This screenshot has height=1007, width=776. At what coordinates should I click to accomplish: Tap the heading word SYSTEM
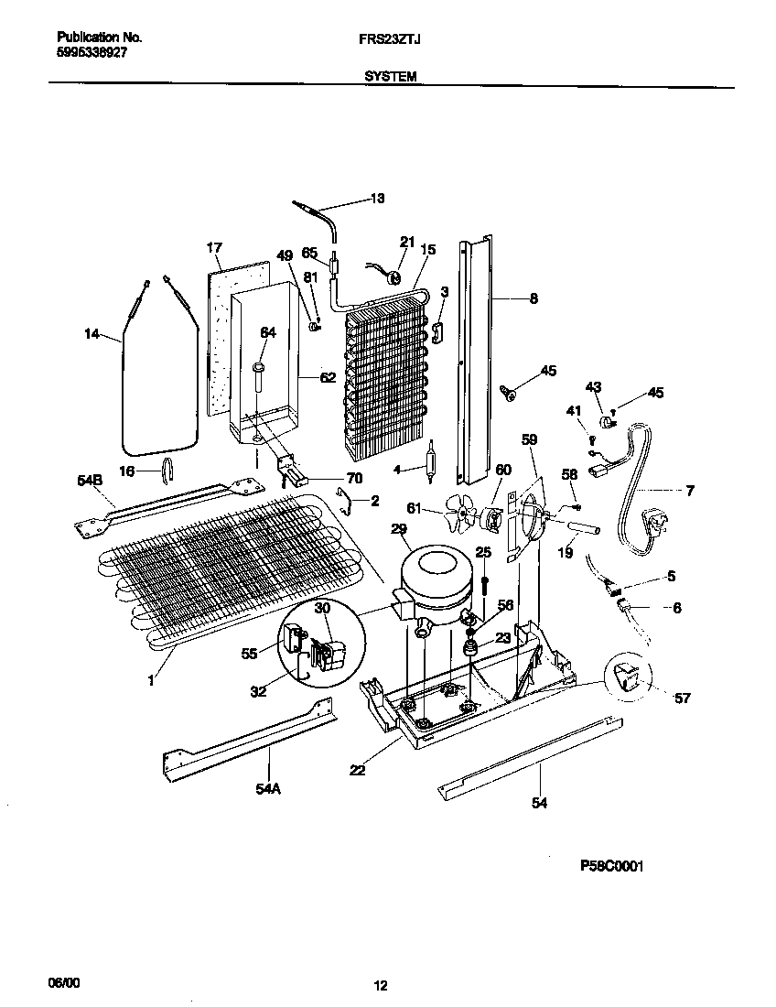[x=390, y=78]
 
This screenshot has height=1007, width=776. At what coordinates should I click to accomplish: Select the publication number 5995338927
[x=92, y=53]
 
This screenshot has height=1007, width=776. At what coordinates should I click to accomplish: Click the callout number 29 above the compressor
[x=398, y=529]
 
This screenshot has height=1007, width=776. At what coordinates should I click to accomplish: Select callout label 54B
[x=90, y=480]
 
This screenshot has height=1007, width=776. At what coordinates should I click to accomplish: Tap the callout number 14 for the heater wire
[x=92, y=335]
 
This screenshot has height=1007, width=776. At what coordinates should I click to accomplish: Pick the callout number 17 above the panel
[x=214, y=247]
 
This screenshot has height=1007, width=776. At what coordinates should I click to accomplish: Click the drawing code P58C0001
[x=611, y=865]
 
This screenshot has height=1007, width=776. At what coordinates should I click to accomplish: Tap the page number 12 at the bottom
[x=381, y=986]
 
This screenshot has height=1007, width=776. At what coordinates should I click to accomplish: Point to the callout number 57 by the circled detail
[x=682, y=698]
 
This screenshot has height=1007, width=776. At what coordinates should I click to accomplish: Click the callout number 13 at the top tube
[x=377, y=199]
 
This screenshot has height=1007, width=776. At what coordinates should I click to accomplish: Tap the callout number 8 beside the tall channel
[x=533, y=298]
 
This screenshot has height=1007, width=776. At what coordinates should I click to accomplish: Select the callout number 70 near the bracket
[x=354, y=478]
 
